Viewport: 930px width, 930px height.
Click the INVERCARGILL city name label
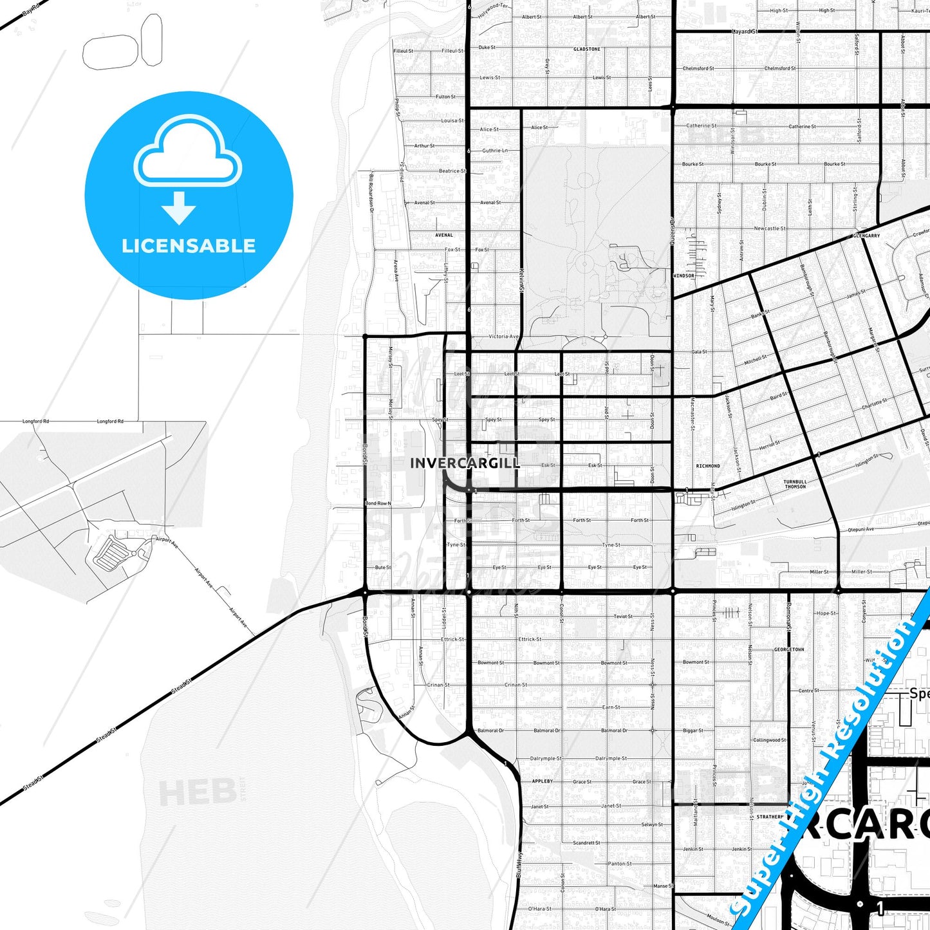[x=464, y=463]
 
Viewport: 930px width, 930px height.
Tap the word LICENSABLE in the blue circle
[x=189, y=246]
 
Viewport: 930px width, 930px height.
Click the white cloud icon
[x=187, y=152]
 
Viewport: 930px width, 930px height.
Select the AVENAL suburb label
[x=443, y=236]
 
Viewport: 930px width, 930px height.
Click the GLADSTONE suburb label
[x=586, y=49]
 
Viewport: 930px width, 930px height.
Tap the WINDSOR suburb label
[x=684, y=275]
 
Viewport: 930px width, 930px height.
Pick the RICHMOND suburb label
[x=708, y=466]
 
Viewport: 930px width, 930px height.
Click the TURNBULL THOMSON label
[x=795, y=484]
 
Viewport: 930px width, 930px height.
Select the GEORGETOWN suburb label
[x=789, y=649]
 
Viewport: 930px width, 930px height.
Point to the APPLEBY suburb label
[x=542, y=781]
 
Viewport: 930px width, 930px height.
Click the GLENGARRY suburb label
[x=866, y=236]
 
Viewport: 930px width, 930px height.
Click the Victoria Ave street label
[x=503, y=337]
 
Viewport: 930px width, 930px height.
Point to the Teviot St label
[x=622, y=617]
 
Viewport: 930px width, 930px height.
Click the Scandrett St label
[x=586, y=842]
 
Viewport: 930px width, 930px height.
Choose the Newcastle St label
[x=770, y=228]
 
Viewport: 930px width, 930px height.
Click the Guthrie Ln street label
[x=495, y=151]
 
